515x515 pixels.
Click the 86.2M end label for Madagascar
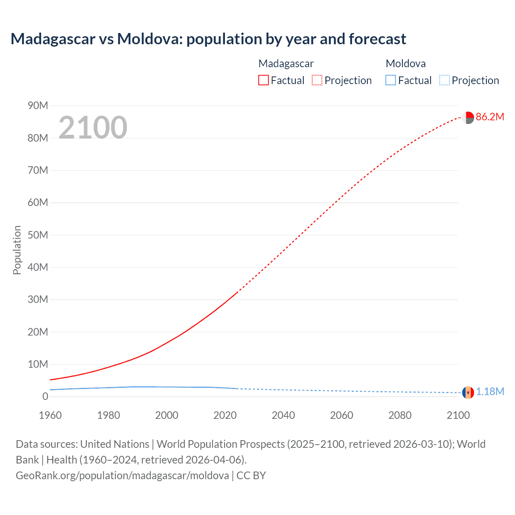click(x=490, y=117)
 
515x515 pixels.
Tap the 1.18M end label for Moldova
click(x=490, y=392)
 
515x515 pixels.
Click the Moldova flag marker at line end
click(x=468, y=392)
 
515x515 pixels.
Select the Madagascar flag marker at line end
click(x=468, y=117)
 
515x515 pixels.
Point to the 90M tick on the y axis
click(x=38, y=106)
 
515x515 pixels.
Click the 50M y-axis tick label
click(x=38, y=235)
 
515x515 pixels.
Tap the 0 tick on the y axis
click(x=45, y=397)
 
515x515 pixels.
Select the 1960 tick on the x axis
click(x=50, y=415)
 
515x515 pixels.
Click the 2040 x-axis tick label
click(x=283, y=415)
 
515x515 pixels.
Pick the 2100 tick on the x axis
click(x=458, y=415)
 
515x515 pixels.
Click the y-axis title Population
click(x=17, y=250)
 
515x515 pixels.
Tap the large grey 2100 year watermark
click(x=93, y=128)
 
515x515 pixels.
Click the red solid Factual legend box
click(x=264, y=80)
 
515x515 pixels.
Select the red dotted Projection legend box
click(x=317, y=80)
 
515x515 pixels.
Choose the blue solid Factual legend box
click(x=391, y=80)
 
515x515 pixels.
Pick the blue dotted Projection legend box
click(x=445, y=80)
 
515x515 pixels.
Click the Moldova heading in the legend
click(x=406, y=64)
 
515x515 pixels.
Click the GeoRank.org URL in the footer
click(x=122, y=476)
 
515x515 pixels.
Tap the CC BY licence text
click(x=251, y=476)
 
